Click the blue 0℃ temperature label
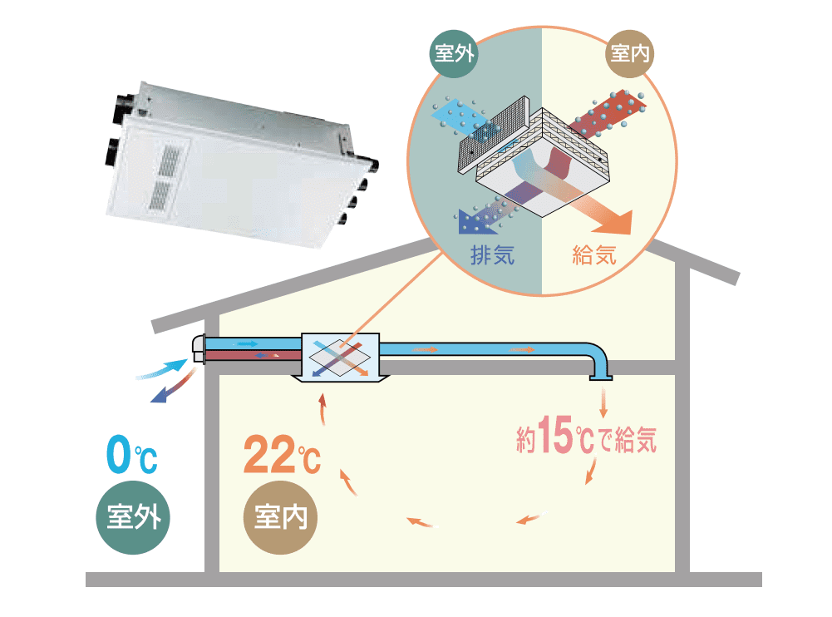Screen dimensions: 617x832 (x=131, y=457)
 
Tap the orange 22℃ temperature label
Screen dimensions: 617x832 (x=281, y=457)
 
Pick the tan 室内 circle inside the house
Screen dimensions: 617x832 (x=281, y=517)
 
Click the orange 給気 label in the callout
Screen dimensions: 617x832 (x=595, y=255)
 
